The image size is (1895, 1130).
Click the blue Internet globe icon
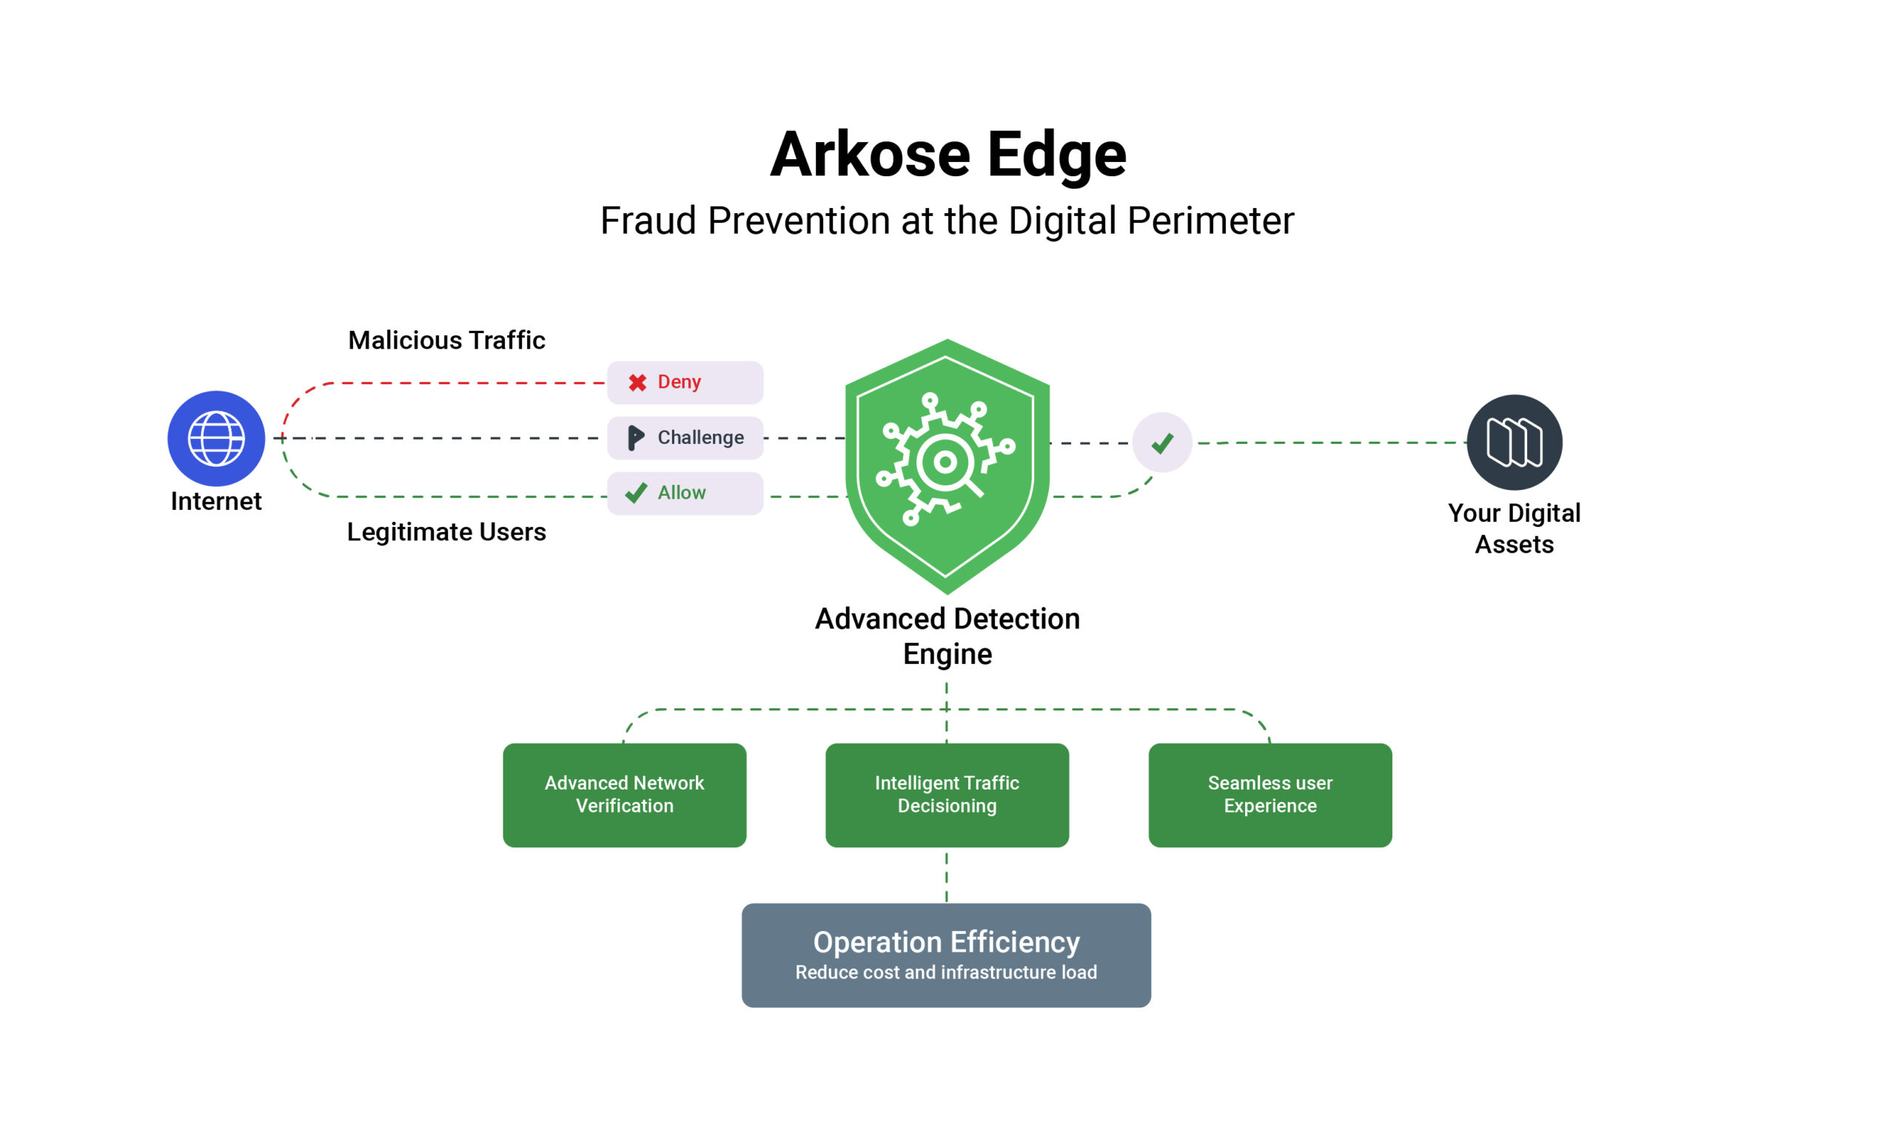216,439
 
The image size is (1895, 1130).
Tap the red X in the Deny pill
637,383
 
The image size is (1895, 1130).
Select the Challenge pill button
685,438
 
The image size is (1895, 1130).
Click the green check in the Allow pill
636,494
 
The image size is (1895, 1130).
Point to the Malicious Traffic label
446,340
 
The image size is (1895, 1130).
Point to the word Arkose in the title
870,155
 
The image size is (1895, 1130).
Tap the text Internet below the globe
216,502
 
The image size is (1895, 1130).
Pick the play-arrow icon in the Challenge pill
635,438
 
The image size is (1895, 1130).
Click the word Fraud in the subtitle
648,221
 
